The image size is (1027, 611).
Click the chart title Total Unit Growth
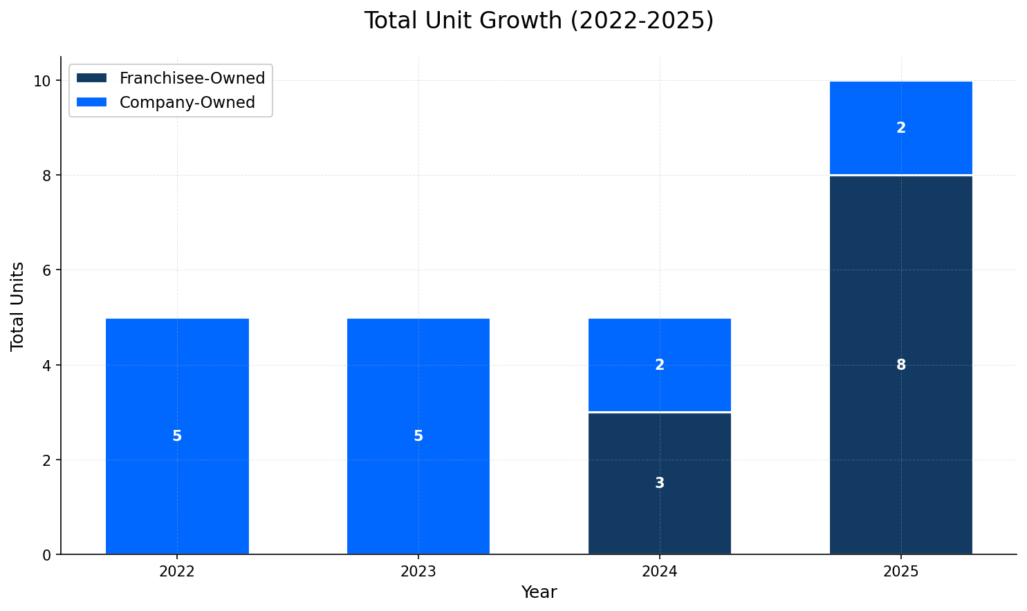[x=539, y=21]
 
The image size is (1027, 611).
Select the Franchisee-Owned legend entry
[x=192, y=78]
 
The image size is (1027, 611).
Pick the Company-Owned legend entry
[x=187, y=102]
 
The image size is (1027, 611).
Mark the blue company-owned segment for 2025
[x=900, y=149]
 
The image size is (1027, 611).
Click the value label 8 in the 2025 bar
[x=900, y=365]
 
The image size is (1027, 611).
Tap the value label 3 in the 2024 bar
[x=660, y=483]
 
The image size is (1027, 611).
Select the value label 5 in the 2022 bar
[x=177, y=436]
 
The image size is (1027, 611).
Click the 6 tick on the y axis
[x=48, y=270]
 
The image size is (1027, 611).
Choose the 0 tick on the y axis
[x=48, y=554]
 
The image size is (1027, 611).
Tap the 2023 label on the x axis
[x=418, y=572]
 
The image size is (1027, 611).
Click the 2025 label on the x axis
[x=900, y=572]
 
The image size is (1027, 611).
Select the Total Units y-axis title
[x=18, y=305]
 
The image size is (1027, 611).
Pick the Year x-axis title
[x=539, y=592]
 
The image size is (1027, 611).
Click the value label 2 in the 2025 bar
[x=900, y=128]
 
